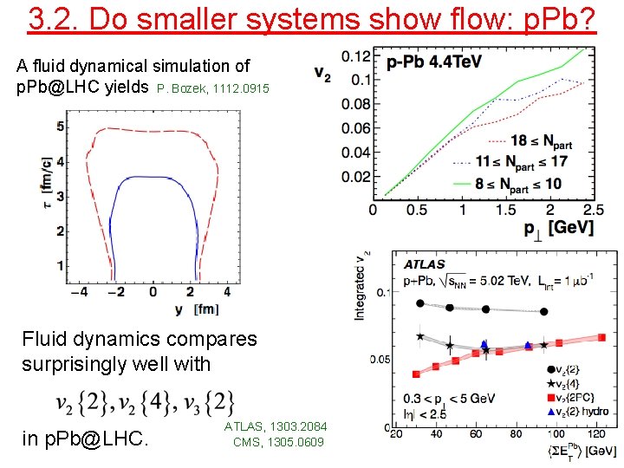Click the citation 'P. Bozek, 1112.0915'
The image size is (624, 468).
click(x=213, y=88)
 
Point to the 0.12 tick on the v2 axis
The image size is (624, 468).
click(x=356, y=56)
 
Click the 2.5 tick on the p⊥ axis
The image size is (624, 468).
click(x=594, y=210)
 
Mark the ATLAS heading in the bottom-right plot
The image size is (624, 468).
click(x=423, y=263)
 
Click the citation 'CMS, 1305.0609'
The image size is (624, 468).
click(x=278, y=442)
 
